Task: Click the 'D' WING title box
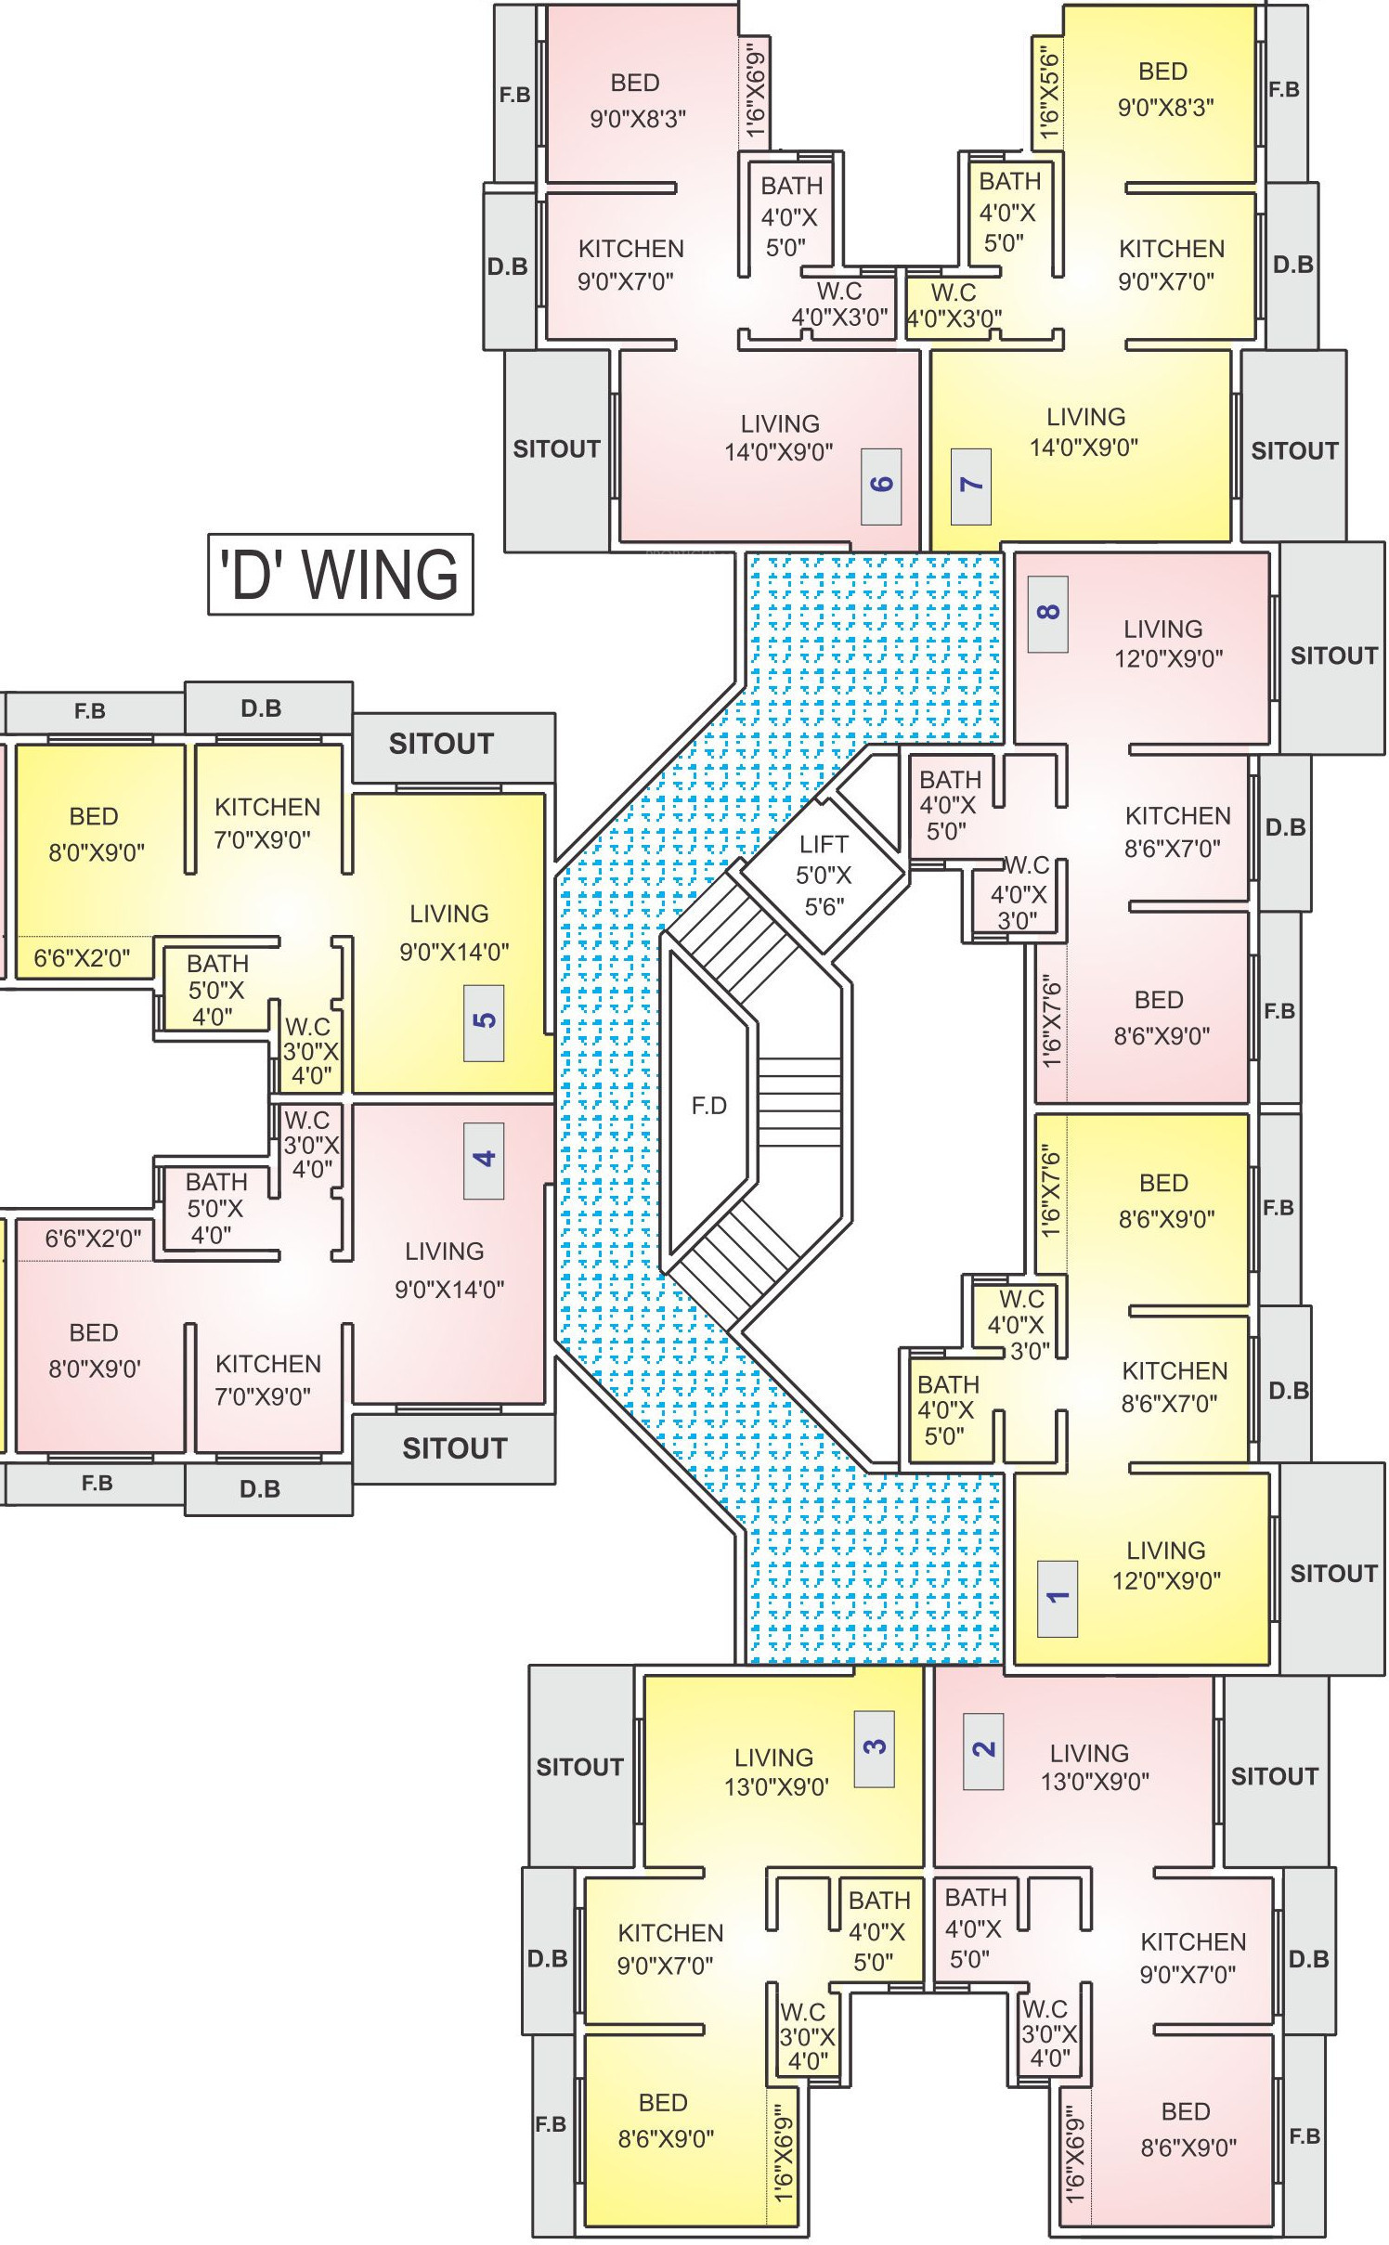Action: pos(340,574)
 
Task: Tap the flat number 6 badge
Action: pos(881,486)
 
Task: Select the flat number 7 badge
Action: pos(971,486)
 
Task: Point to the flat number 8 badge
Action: pos(1047,614)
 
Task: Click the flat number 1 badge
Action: pos(1057,1599)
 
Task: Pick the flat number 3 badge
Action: pos(875,1748)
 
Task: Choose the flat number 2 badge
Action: pos(983,1751)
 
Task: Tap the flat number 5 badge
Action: pos(484,1022)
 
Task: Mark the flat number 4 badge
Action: pos(484,1161)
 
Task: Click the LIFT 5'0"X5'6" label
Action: pos(824,875)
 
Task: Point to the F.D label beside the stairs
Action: pos(708,1105)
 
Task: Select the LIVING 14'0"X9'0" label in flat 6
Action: pos(779,437)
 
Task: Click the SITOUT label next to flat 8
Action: pos(1333,655)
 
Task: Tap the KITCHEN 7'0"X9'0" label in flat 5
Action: pos(266,823)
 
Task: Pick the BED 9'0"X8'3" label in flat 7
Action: pos(1165,89)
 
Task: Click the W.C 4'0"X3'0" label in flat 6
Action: pos(839,305)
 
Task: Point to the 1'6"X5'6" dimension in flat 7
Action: pos(1047,96)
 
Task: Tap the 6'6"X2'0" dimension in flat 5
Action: pos(82,957)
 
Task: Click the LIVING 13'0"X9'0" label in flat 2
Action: pos(1094,1767)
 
